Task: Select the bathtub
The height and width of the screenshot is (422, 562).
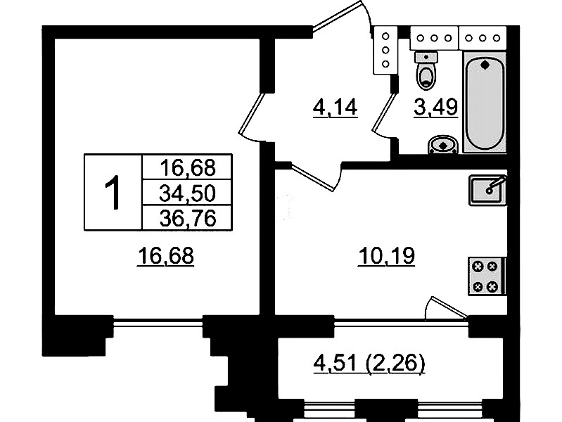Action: pyautogui.click(x=485, y=103)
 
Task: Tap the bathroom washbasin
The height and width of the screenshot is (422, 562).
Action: pyautogui.click(x=443, y=145)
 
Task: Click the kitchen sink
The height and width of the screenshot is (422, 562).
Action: pyautogui.click(x=487, y=190)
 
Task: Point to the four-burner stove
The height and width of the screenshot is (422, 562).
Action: pyautogui.click(x=487, y=276)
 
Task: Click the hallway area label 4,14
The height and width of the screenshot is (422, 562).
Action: pyautogui.click(x=335, y=108)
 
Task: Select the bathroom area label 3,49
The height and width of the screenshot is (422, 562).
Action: pyautogui.click(x=436, y=107)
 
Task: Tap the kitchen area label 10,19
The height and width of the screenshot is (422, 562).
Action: pyautogui.click(x=386, y=256)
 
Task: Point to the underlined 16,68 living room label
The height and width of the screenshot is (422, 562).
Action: pyautogui.click(x=165, y=256)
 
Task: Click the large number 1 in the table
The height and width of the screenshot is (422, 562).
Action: pyautogui.click(x=113, y=192)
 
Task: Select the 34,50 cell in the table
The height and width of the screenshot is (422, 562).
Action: pyautogui.click(x=188, y=193)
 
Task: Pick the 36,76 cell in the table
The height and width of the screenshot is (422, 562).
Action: pyautogui.click(x=188, y=217)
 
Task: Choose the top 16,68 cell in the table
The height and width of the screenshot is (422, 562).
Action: pyautogui.click(x=188, y=167)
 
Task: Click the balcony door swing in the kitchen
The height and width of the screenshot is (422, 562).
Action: pyautogui.click(x=445, y=307)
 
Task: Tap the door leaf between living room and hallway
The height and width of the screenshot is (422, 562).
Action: pyautogui.click(x=252, y=113)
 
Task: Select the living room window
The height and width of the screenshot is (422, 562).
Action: pyautogui.click(x=158, y=324)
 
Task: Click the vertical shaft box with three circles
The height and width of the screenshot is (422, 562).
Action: pyautogui.click(x=385, y=50)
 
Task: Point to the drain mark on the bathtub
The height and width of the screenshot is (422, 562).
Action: pyautogui.click(x=485, y=65)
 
